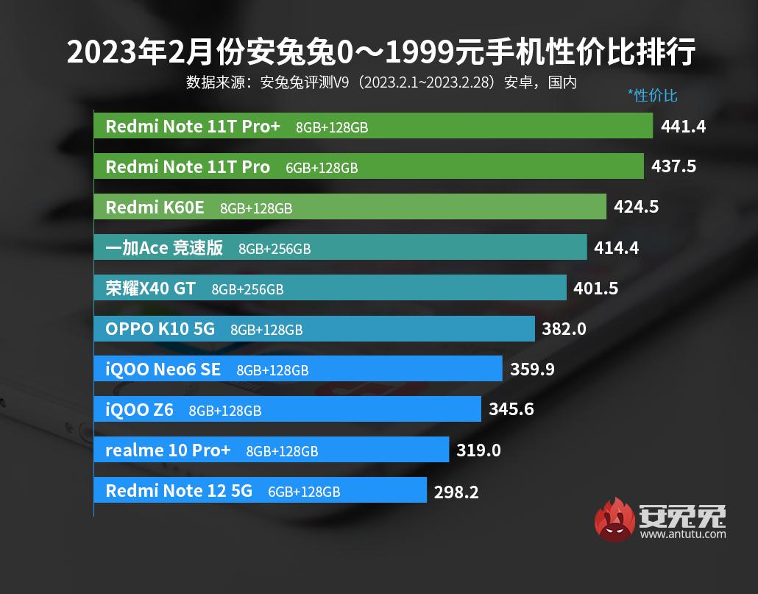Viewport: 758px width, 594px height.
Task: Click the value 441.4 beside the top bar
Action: coord(684,127)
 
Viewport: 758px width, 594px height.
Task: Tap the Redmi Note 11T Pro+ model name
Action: coord(193,127)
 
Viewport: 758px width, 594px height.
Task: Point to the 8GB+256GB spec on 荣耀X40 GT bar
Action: coord(247,289)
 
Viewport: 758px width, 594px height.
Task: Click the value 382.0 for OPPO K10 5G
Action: coord(564,329)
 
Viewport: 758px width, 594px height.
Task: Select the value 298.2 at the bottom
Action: coord(456,492)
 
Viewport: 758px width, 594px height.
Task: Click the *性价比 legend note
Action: coord(652,96)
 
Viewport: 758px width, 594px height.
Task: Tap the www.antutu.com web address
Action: coord(683,534)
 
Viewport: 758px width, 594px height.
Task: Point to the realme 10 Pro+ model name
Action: coord(168,450)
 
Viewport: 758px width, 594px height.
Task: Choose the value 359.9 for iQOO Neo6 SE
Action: coord(532,370)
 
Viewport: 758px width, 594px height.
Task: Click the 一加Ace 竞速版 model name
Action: coord(164,248)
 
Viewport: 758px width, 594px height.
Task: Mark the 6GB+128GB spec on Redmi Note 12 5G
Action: coord(304,492)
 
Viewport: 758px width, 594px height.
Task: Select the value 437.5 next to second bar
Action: coord(673,167)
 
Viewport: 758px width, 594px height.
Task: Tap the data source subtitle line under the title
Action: coord(381,82)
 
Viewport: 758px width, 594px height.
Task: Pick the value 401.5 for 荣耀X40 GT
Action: coord(596,289)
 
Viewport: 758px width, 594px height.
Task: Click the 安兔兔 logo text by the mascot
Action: coord(683,515)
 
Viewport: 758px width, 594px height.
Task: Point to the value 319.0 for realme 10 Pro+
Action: coord(478,450)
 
